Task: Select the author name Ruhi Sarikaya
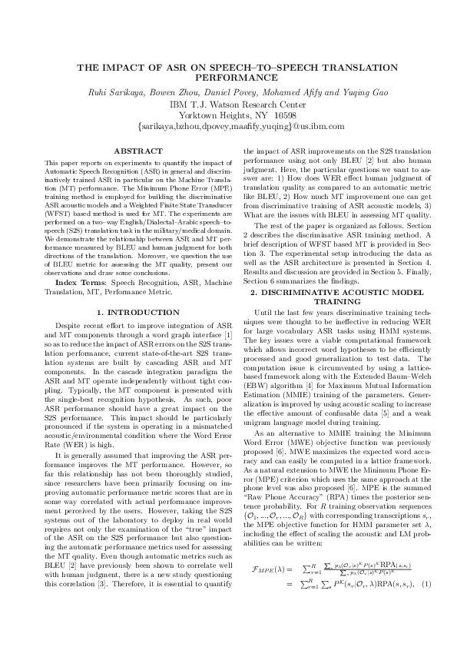(118, 92)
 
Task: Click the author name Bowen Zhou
(180, 92)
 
